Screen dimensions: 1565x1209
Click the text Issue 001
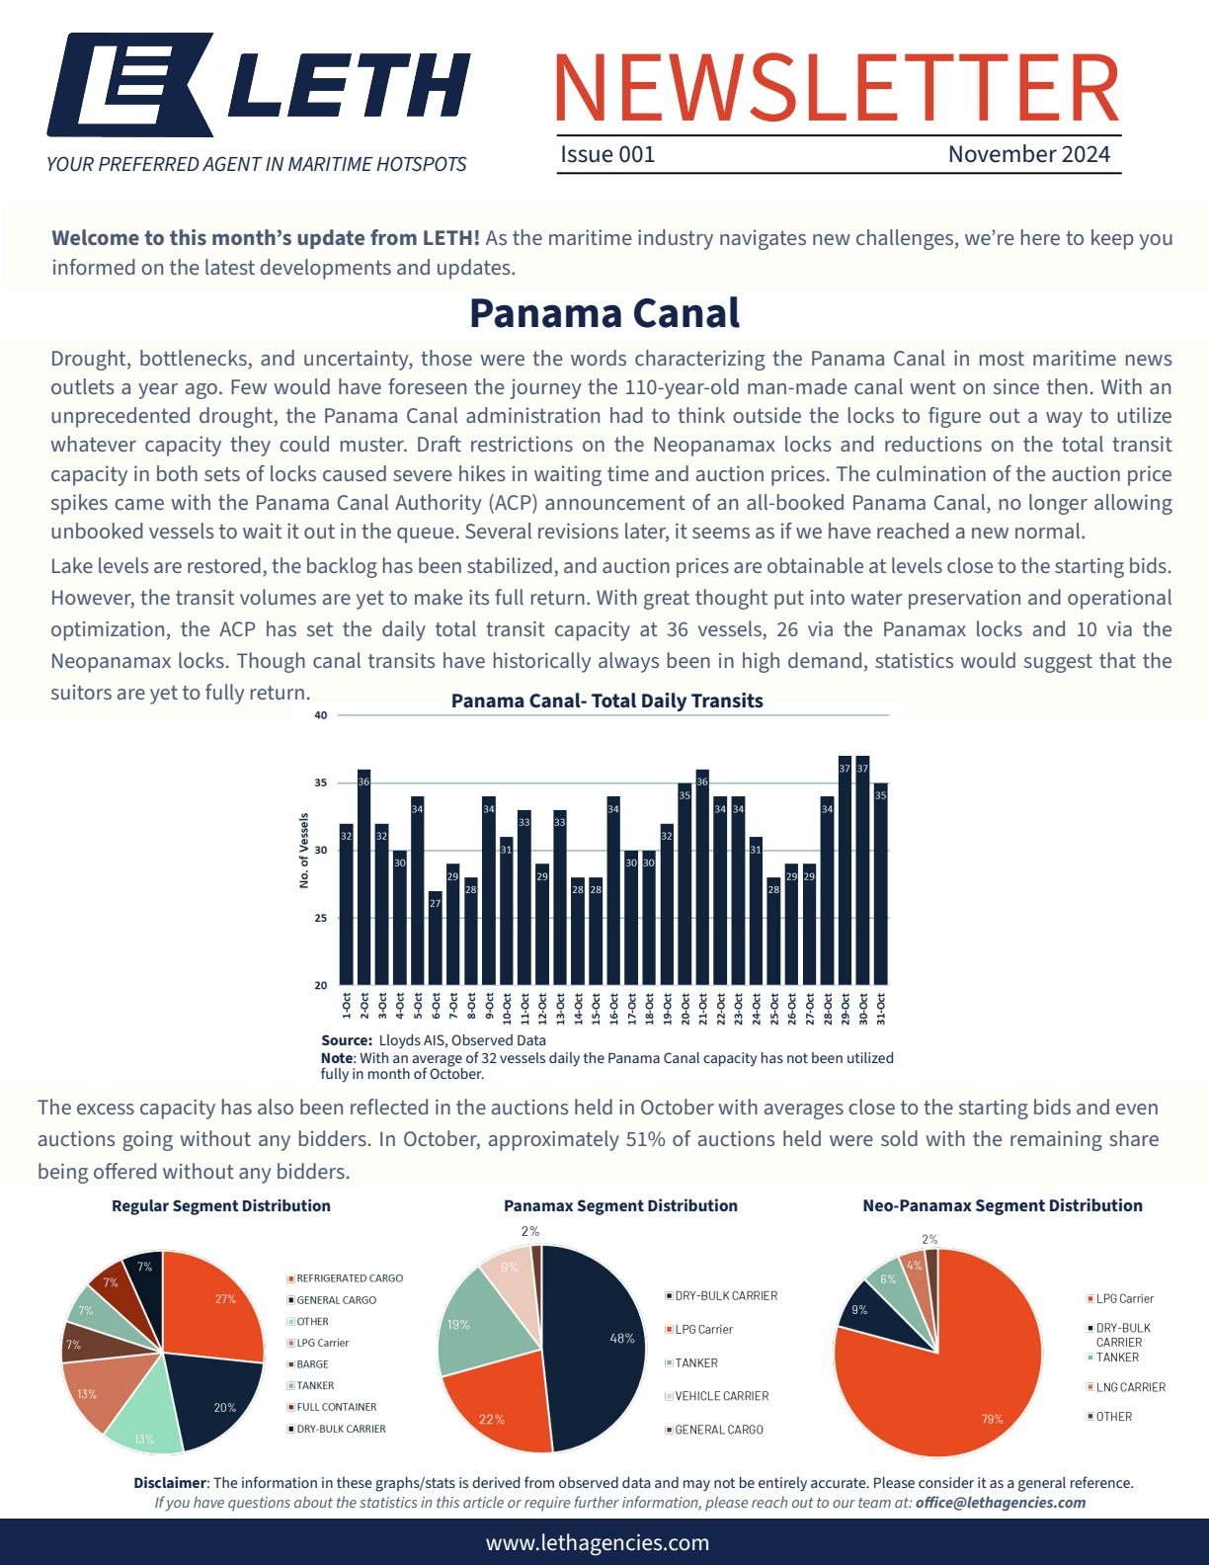point(607,155)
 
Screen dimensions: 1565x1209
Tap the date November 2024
point(1028,155)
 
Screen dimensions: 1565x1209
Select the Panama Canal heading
point(604,313)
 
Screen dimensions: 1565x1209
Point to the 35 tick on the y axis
point(321,783)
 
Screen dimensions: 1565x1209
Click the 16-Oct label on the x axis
point(614,1008)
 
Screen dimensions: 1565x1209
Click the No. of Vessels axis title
point(304,851)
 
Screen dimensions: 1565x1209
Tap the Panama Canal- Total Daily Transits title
point(606,701)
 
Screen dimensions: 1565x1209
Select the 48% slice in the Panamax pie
point(598,1344)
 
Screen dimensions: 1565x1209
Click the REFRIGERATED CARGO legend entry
point(350,1278)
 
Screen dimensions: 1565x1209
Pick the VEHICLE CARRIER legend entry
point(721,1396)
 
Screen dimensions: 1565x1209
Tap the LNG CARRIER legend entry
point(1130,1387)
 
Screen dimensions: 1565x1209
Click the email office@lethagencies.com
point(1001,1503)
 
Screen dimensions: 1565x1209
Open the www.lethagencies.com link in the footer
point(598,1543)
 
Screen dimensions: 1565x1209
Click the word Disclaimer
point(170,1483)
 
